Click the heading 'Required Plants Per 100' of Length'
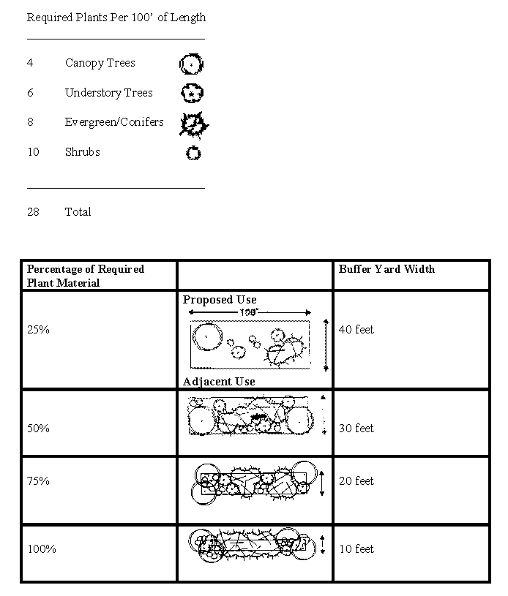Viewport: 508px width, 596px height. click(116, 18)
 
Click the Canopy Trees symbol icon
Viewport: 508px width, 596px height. click(191, 64)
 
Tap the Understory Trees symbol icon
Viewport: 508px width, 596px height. click(192, 94)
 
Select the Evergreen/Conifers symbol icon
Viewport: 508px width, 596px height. click(194, 125)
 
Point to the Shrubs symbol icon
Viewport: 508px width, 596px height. click(193, 154)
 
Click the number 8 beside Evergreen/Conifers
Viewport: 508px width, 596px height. click(30, 122)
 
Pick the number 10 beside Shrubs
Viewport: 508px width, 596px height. click(33, 152)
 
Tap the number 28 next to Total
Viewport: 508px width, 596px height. click(33, 212)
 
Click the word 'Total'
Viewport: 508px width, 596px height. click(78, 212)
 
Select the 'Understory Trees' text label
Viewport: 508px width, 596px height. click(108, 93)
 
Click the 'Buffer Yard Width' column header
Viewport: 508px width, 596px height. click(386, 269)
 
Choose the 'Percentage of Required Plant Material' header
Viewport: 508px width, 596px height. click(86, 276)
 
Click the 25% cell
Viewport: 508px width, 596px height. click(38, 330)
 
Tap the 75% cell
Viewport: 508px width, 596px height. click(38, 481)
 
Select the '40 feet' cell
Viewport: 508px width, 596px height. click(356, 330)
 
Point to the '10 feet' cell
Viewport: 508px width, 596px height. click(356, 549)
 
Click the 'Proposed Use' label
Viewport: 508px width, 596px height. click(220, 300)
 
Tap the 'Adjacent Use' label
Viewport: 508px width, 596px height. click(219, 382)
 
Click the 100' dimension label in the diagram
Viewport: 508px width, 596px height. click(249, 312)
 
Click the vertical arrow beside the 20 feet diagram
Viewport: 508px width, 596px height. click(322, 483)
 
